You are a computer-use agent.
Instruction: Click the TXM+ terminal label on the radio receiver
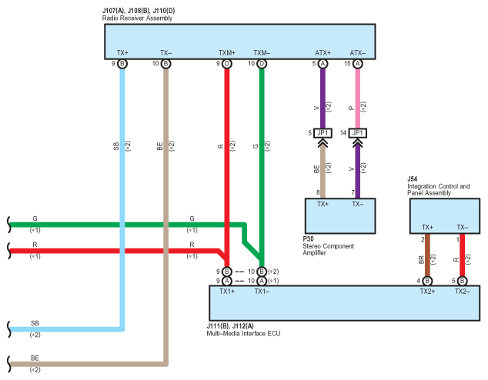pos(227,53)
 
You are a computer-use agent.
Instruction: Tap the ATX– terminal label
pos(358,53)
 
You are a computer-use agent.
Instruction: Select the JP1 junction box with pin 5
pos(323,133)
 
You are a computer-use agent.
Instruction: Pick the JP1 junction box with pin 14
pos(358,133)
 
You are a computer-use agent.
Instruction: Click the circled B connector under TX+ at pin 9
pos(122,64)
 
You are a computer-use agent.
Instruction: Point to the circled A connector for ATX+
pos(323,64)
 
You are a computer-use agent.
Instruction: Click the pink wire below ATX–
pos(358,98)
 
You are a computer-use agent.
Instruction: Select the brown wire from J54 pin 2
pos(427,255)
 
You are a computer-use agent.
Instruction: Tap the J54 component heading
pos(412,178)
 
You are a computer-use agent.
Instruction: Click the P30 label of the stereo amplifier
pos(308,238)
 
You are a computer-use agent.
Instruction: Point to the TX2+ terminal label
pos(427,292)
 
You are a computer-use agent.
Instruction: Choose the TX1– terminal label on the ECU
pos(262,292)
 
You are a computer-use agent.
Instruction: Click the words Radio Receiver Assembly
pos(137,18)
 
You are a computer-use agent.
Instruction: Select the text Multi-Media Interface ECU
pos(243,333)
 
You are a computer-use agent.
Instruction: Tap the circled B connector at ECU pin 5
pos(462,281)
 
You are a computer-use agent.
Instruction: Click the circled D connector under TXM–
pos(262,64)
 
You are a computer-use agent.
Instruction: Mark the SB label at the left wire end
pos(35,323)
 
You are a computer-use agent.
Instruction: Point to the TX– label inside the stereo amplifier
pos(358,204)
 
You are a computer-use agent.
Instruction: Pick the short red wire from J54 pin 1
pos(462,255)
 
